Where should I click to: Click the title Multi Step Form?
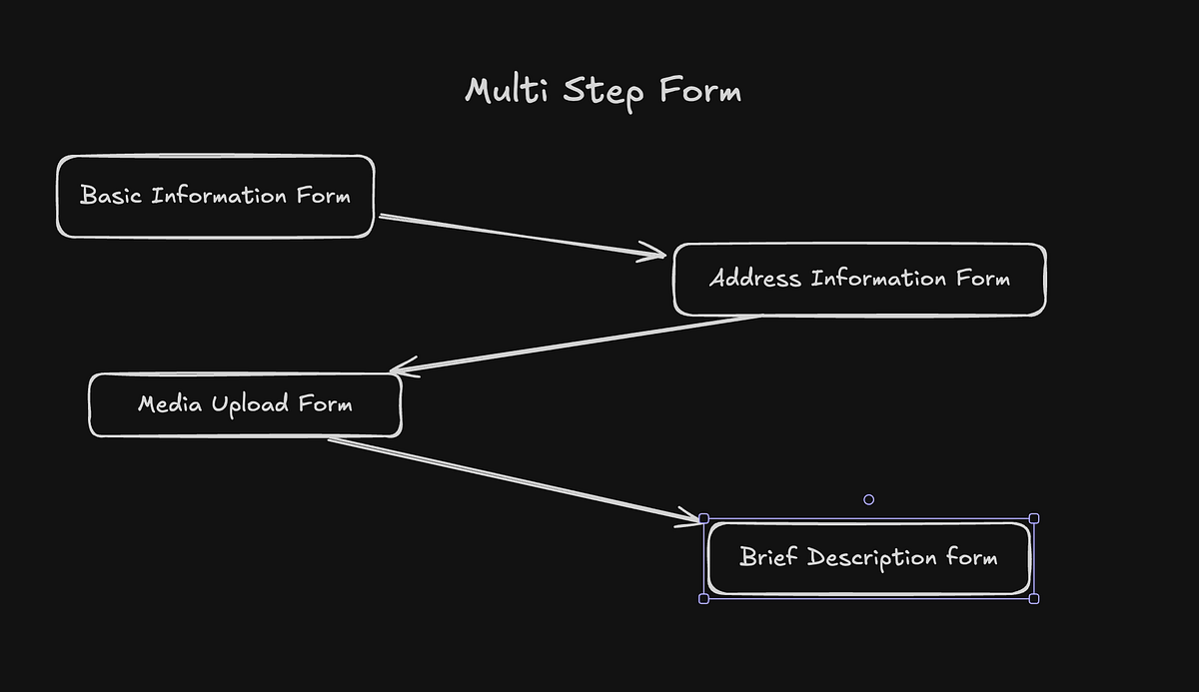click(x=603, y=92)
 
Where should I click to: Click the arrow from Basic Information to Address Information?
click(x=520, y=235)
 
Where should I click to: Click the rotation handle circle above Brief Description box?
click(x=868, y=499)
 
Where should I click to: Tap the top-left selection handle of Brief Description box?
click(x=703, y=518)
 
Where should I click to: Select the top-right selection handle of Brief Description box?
click(x=1034, y=518)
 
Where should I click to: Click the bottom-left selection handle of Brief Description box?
click(x=703, y=598)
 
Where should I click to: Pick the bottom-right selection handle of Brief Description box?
click(x=1034, y=598)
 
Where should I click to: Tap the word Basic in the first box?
click(x=112, y=195)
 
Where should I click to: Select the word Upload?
click(x=251, y=404)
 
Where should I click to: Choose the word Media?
click(x=166, y=403)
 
